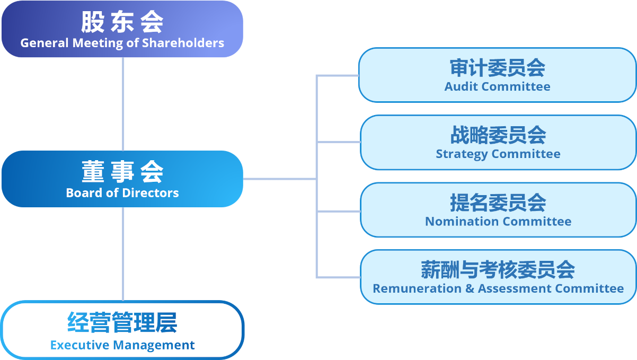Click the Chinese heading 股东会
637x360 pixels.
[122, 22]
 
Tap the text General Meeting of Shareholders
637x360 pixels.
[122, 43]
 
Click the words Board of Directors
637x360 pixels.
[122, 193]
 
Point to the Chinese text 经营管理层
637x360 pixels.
[122, 322]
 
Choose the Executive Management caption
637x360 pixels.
[122, 345]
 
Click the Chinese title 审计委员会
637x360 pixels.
[497, 68]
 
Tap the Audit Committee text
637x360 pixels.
[497, 86]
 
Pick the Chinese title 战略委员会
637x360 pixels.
[498, 135]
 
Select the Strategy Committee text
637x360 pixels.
[498, 154]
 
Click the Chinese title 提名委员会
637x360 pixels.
[498, 203]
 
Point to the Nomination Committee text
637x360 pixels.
[498, 221]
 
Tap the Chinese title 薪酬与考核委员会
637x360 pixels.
[498, 269]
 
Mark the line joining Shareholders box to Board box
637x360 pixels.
[123, 103]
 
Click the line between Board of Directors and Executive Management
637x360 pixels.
[123, 253]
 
